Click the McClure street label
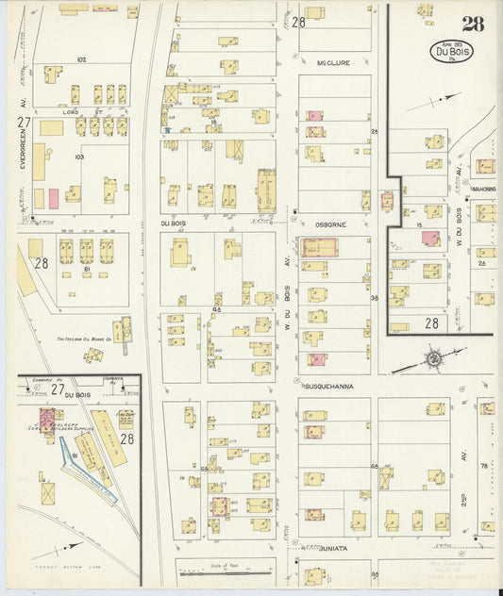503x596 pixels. [x=333, y=63]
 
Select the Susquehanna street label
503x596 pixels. [x=327, y=387]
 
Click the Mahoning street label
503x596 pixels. [x=483, y=189]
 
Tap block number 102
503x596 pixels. [x=82, y=59]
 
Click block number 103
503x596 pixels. [x=80, y=157]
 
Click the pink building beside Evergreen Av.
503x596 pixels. [x=54, y=198]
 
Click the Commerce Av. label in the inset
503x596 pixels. [x=40, y=381]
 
